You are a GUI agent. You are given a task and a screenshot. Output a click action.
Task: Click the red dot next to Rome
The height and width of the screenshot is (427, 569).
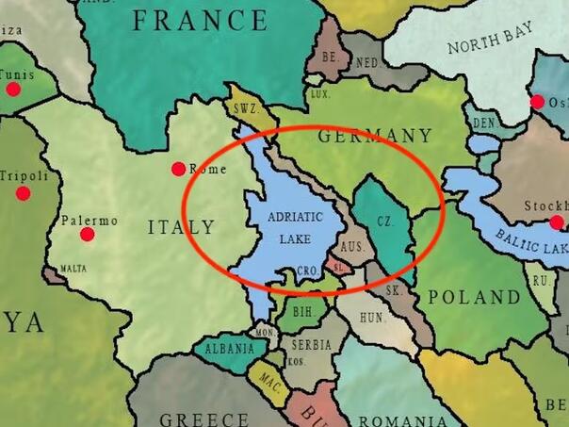pos(178,169)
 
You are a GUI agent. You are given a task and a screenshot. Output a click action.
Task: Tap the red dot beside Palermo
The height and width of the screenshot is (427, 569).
pos(87,234)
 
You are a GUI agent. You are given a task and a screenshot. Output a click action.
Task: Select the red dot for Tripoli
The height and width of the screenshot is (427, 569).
pos(23,193)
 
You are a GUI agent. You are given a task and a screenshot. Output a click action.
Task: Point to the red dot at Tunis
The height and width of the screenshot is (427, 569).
pos(13,89)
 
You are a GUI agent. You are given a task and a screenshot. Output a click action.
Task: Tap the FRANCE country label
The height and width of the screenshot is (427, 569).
pos(201,20)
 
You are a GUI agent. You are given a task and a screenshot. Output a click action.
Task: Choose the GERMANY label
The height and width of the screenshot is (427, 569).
pos(374,136)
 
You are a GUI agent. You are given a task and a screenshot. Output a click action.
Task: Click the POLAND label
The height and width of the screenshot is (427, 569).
pos(474,297)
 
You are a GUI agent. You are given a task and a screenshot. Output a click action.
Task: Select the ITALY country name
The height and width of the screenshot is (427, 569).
pos(182,227)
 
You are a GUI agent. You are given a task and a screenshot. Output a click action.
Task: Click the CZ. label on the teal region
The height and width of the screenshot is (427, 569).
pos(383,222)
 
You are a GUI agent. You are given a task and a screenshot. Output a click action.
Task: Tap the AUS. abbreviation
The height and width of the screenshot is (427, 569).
pos(351,246)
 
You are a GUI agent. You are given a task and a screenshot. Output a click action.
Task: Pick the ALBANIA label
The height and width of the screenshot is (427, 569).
pos(229,349)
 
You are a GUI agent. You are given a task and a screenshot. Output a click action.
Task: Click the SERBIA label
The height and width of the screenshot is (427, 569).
pos(311,345)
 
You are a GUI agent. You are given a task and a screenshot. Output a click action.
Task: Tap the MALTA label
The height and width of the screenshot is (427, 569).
pos(73,269)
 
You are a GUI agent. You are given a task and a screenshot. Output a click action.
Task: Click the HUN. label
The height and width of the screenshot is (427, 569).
pos(372,319)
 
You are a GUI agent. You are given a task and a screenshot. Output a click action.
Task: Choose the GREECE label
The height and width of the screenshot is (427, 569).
pos(204,419)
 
